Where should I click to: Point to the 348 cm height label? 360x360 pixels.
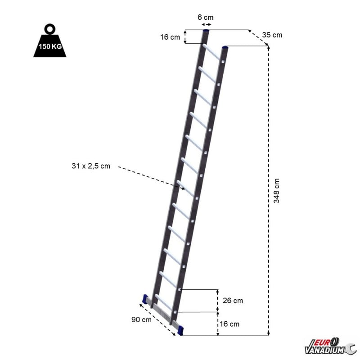point(277,190)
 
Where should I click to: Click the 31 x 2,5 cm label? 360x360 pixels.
point(90,166)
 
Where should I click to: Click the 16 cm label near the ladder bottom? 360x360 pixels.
point(229,324)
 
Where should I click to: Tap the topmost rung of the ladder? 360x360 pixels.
point(212,52)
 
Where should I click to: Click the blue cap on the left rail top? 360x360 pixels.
point(206,31)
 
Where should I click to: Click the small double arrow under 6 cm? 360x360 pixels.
point(207,24)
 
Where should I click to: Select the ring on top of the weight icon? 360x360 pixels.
point(49,29)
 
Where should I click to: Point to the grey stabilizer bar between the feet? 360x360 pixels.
point(163,313)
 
